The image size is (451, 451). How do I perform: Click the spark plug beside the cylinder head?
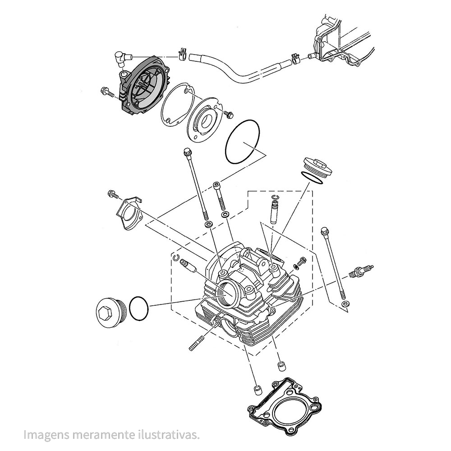(361, 271)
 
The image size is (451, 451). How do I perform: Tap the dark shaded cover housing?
(143, 85)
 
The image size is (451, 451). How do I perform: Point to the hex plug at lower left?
(110, 312)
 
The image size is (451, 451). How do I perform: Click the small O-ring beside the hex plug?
(138, 308)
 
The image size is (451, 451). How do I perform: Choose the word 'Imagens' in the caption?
(46, 435)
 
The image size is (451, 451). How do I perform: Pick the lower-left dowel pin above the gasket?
(257, 390)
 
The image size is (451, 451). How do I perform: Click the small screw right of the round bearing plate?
(229, 114)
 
